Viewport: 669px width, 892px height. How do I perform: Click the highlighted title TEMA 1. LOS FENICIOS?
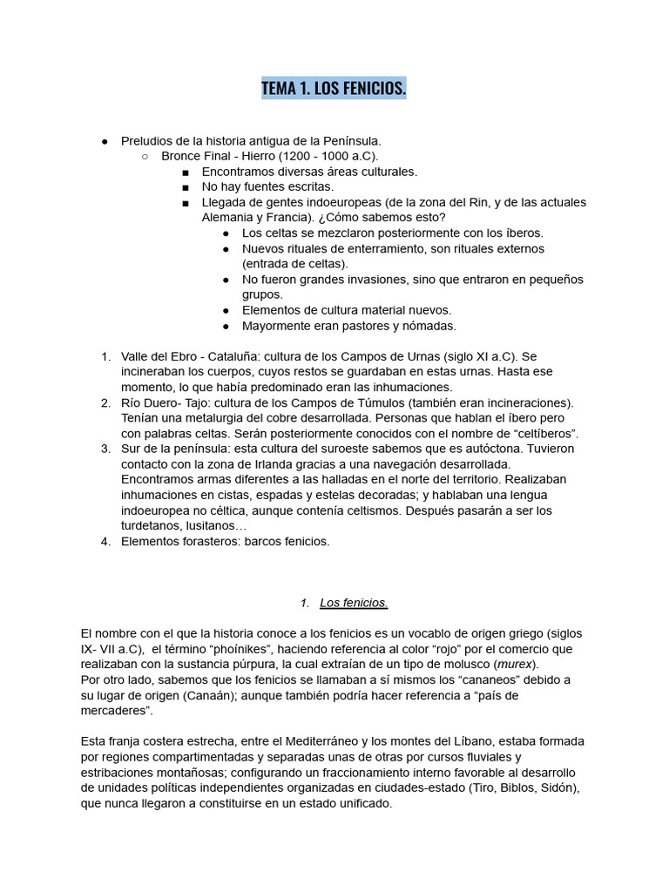tap(334, 89)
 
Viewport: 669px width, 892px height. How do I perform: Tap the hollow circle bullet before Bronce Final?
tap(145, 156)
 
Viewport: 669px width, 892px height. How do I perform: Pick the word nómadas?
tap(427, 326)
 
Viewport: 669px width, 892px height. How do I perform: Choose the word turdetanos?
tap(152, 526)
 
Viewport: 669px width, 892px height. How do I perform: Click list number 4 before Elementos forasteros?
tap(105, 541)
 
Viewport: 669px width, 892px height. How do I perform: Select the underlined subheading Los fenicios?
tap(354, 603)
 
